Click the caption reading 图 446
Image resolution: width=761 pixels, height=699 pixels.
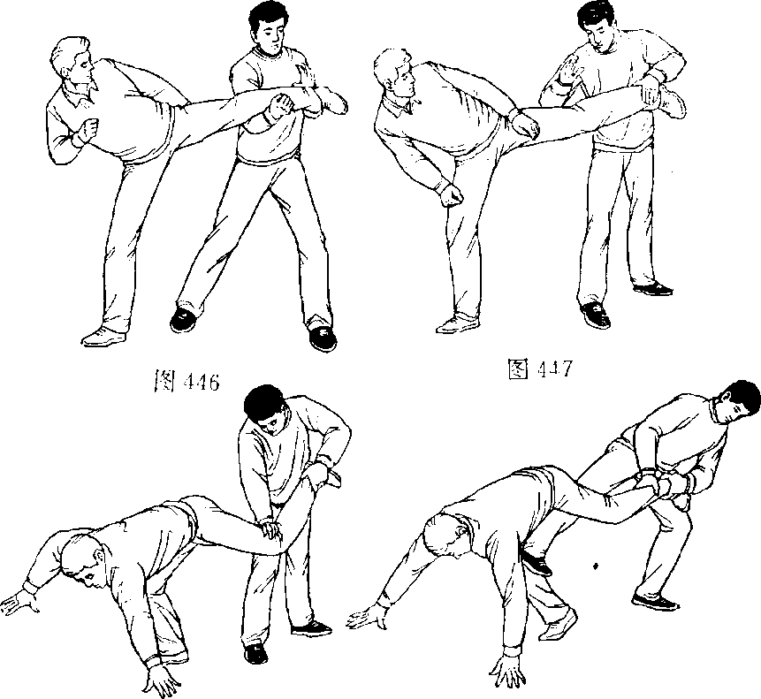(186, 381)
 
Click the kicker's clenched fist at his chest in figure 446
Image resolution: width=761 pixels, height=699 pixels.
(88, 130)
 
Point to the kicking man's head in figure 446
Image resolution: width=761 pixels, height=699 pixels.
(72, 63)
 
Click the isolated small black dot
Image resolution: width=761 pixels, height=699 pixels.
(596, 565)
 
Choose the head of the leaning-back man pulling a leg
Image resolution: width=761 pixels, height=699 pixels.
(738, 404)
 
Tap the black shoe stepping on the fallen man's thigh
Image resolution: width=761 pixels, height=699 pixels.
(536, 562)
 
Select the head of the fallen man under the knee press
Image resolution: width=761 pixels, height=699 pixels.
(83, 558)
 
